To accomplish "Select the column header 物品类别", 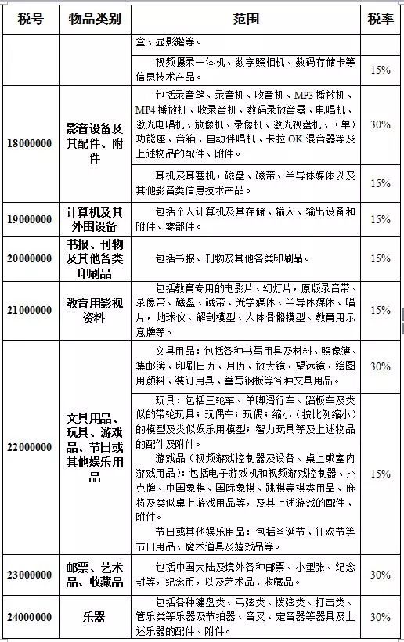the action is click(94, 20).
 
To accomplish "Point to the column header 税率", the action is click(381, 20).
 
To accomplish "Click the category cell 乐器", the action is click(94, 617).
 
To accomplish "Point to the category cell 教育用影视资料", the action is click(94, 310).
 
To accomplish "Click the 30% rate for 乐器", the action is click(381, 617).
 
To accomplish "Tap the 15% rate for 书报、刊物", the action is click(381, 258).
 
